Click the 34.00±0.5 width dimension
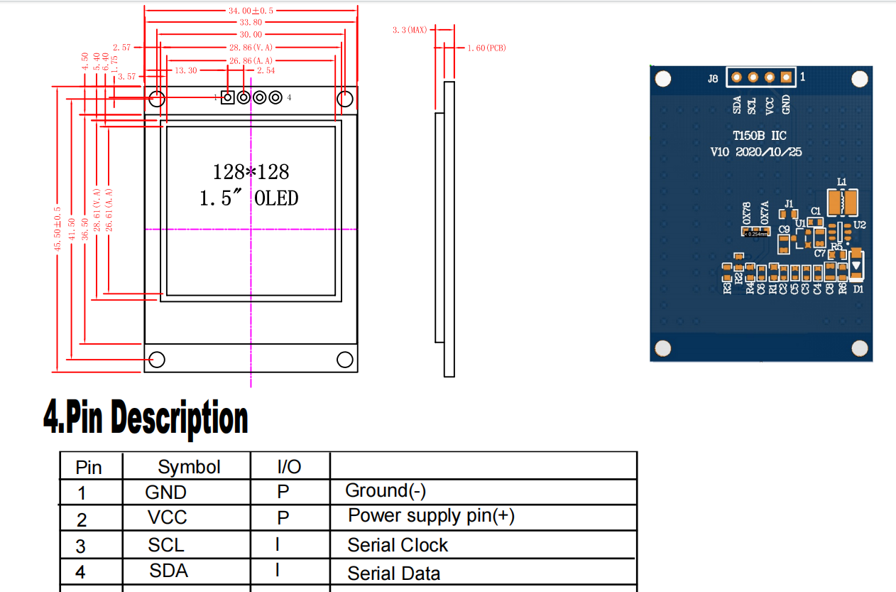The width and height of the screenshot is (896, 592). (250, 11)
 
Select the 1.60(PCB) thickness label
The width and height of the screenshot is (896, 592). (486, 48)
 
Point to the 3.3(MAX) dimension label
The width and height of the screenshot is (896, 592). (410, 30)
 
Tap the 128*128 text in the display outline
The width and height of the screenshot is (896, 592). (251, 172)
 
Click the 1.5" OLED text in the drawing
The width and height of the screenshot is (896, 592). (248, 198)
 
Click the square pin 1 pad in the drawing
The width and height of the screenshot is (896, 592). (228, 97)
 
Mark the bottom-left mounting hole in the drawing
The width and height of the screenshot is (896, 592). (157, 360)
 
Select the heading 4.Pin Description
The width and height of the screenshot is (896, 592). (146, 417)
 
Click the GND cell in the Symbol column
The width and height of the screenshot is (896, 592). (165, 493)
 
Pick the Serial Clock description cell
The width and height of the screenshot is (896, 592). (398, 545)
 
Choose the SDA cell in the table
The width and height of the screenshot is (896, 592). (168, 571)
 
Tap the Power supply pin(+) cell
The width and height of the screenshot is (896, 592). (431, 516)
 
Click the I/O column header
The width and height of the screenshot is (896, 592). (288, 467)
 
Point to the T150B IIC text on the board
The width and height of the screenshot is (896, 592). (759, 135)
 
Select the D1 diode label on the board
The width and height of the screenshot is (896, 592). (858, 289)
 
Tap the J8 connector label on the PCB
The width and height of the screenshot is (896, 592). (712, 79)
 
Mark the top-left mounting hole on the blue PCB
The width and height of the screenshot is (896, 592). (662, 78)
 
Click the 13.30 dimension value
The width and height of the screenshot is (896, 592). (185, 70)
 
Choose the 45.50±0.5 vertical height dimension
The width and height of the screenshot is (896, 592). (58, 228)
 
